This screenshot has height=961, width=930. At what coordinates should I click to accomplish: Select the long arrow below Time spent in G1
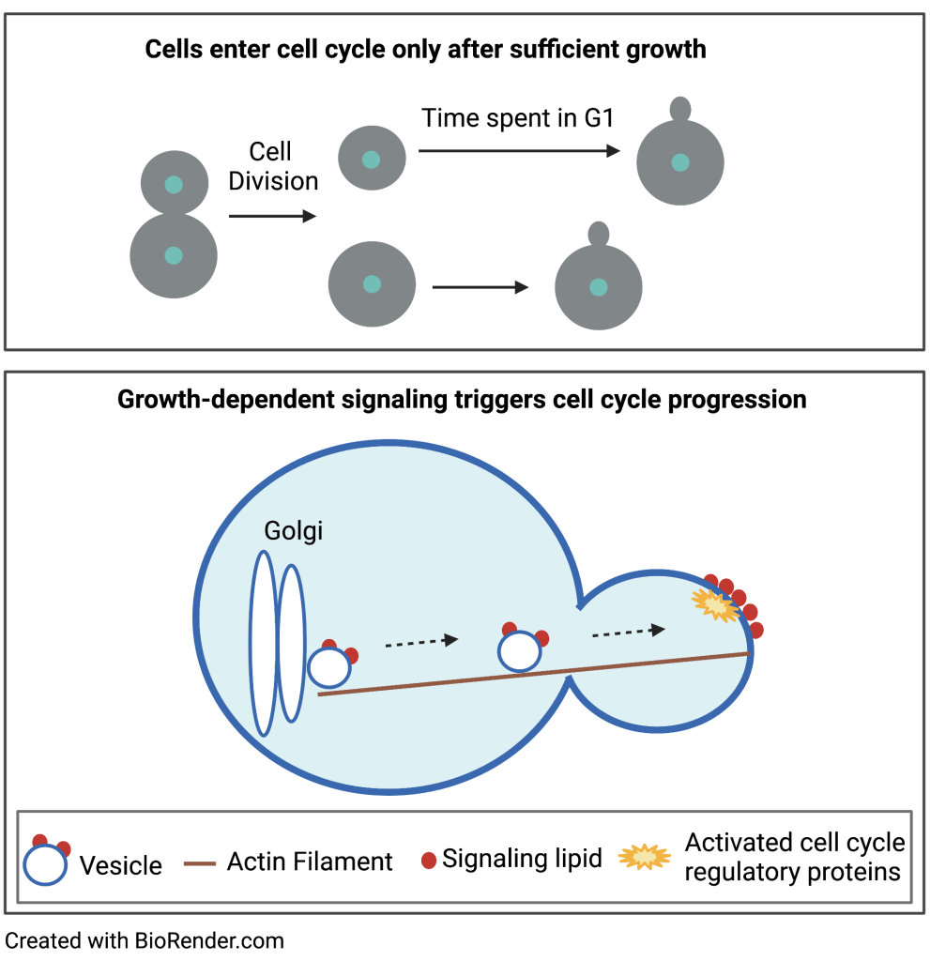coord(519,150)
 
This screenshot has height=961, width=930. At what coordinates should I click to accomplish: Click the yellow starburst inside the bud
coord(715,606)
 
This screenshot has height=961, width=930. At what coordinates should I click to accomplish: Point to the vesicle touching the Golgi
coord(329,667)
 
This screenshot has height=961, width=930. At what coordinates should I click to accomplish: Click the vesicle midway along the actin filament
coord(519,650)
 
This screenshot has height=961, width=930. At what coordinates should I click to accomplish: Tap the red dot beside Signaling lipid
coord(429,861)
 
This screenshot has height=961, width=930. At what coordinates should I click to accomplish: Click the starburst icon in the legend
coord(645,857)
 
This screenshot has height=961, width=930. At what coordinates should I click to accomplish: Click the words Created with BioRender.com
coord(145,939)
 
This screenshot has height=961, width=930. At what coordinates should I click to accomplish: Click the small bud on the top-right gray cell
coord(680,108)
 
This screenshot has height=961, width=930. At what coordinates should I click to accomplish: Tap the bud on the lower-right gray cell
coord(598,233)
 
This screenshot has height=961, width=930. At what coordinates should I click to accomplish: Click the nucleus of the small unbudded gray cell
coord(372,159)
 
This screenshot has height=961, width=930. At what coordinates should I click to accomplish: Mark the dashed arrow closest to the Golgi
coord(421,642)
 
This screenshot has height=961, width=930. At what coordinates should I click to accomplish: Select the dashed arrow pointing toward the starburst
coord(629,632)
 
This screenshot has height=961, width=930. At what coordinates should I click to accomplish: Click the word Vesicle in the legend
coord(121,865)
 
